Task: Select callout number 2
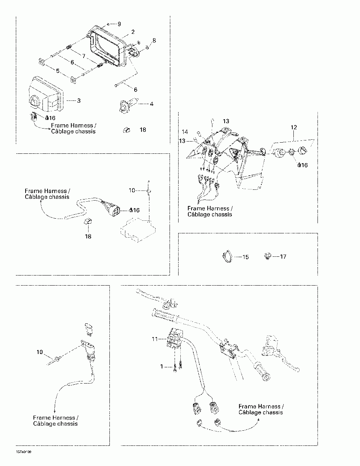[x=133, y=32]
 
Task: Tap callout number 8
[x=154, y=40]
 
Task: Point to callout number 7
[x=84, y=56]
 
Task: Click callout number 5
[x=58, y=71]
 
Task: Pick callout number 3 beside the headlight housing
[x=79, y=100]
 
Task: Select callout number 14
[x=185, y=132]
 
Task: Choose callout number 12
[x=294, y=127]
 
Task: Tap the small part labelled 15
[x=226, y=257]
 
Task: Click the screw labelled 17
[x=267, y=257]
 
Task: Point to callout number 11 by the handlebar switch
[x=155, y=339]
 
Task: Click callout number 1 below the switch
[x=162, y=366]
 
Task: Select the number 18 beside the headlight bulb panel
[x=143, y=130]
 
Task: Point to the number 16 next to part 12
[x=305, y=165]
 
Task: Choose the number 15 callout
[x=246, y=257]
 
